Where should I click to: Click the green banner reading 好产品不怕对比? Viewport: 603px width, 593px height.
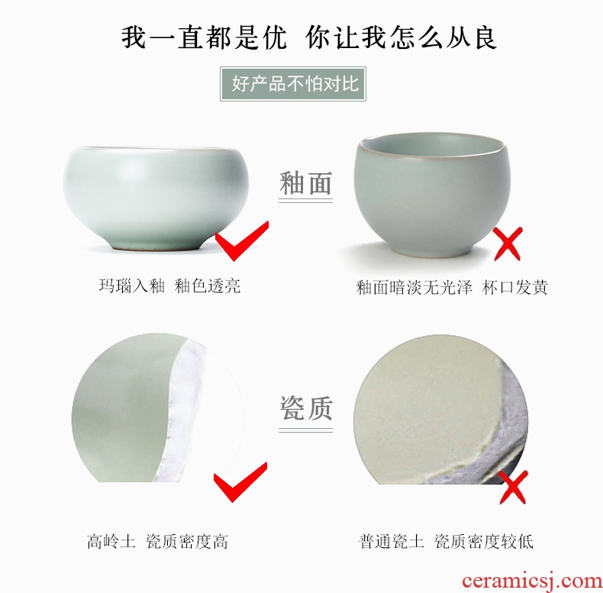coord(293,84)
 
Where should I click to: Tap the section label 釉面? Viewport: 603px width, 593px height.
coord(306,183)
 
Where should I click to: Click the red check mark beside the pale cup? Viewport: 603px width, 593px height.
coord(242,240)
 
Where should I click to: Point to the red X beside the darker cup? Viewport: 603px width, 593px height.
coord(508,243)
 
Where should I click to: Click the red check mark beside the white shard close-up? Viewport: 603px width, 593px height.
coord(240,482)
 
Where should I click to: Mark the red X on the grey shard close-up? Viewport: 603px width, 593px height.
coord(513,487)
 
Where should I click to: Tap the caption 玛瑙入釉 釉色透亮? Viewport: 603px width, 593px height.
coord(169,286)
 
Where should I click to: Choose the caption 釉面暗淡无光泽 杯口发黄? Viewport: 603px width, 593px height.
coord(452,287)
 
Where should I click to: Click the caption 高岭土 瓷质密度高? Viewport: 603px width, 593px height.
coord(158,541)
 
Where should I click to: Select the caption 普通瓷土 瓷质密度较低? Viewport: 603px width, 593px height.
coord(446,541)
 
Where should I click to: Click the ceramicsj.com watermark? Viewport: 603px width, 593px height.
coord(532,581)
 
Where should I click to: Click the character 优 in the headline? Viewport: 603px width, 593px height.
coord(273,37)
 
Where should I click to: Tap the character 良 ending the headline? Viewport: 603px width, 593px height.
coord(485,37)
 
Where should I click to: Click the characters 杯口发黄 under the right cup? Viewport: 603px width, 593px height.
coord(515,287)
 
